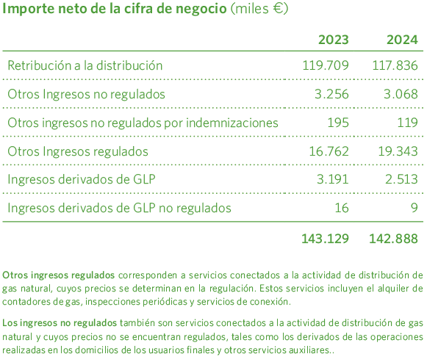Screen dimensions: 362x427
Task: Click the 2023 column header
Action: click(333, 40)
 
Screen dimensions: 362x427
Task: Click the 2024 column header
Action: click(402, 40)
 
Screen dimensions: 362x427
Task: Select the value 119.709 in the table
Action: click(326, 66)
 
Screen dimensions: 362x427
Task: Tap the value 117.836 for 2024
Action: click(395, 66)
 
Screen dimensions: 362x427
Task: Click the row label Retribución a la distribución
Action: click(85, 66)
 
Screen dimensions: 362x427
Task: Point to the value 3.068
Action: click(401, 94)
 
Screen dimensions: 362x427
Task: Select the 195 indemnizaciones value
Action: click(338, 123)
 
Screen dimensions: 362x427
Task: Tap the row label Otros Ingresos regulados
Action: click(78, 151)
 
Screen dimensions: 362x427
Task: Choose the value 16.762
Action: click(329, 151)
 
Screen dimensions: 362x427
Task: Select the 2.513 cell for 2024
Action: click(401, 179)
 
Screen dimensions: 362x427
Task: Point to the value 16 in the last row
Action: click(342, 208)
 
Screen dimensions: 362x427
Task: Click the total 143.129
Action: click(325, 239)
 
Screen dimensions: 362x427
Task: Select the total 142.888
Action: click(394, 239)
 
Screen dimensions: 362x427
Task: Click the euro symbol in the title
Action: click(279, 10)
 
